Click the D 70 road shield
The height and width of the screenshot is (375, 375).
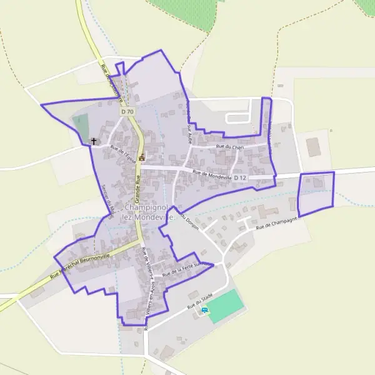[x=127, y=111]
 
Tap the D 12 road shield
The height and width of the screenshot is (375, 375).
[x=241, y=177]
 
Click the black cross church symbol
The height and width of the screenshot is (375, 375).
[x=94, y=141]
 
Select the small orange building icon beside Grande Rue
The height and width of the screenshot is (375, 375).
[x=142, y=157]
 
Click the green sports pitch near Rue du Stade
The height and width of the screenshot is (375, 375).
[x=224, y=306]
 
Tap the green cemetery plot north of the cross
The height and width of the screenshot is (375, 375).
[x=81, y=127]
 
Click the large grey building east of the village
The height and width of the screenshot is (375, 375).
[x=313, y=147]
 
